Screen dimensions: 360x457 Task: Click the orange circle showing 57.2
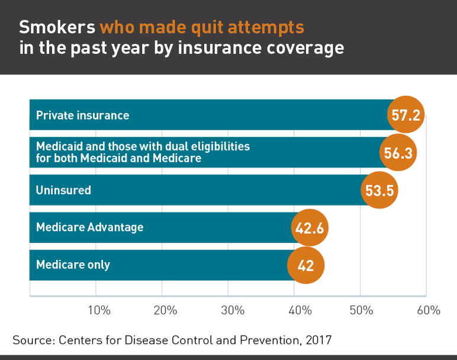(x=406, y=114)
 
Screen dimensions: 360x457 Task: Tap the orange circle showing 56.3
(x=398, y=152)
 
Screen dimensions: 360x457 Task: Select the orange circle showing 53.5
(x=379, y=190)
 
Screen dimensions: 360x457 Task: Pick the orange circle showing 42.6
(x=310, y=227)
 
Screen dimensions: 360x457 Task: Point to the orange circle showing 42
(x=305, y=265)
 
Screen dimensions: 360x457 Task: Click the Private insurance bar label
(x=82, y=115)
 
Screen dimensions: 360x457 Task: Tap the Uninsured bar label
(x=63, y=190)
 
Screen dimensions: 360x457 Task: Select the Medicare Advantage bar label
(x=89, y=227)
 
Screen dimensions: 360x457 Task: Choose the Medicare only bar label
(x=73, y=265)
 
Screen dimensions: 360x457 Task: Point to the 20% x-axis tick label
(x=165, y=310)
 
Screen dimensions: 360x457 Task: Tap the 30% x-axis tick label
(x=232, y=310)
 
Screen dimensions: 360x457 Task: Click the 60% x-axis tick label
(x=428, y=310)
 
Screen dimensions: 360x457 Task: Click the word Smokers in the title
(x=57, y=27)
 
